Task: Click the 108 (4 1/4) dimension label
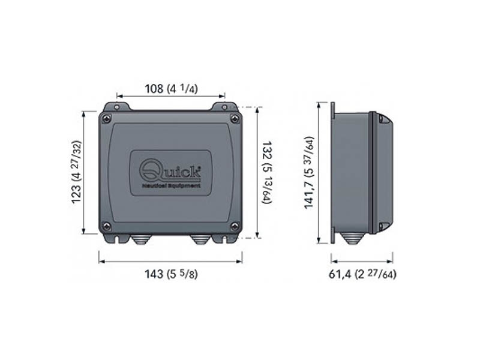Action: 171,89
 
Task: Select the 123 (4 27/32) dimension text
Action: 77,173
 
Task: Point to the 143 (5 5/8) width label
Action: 171,274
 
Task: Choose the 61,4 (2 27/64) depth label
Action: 362,274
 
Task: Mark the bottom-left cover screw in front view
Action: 107,226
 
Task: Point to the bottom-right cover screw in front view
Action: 235,226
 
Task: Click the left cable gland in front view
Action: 140,239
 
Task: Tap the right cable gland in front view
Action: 200,239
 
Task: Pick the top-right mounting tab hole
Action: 224,107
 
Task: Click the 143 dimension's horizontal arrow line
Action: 170,261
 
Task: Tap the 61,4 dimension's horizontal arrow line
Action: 362,261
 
